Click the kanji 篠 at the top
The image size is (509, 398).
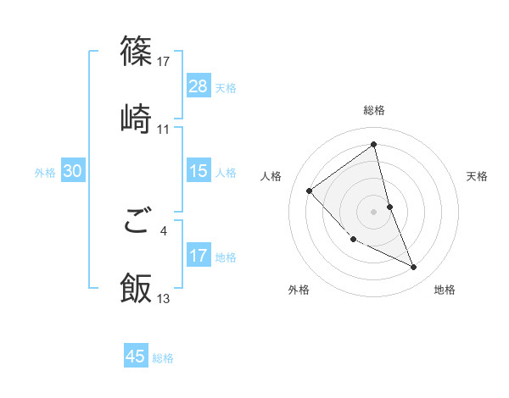(137, 52)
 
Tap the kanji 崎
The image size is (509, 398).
(137, 119)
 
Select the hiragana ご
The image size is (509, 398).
(137, 222)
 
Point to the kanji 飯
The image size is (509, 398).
(137, 288)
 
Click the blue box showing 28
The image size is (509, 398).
(198, 86)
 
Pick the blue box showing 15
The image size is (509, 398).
(198, 171)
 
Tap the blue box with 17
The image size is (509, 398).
(198, 255)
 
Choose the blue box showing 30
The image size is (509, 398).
(72, 171)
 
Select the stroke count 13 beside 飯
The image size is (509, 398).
(164, 298)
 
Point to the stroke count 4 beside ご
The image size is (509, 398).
(164, 229)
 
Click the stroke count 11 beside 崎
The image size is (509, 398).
(164, 129)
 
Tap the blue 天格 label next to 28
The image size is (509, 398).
(226, 87)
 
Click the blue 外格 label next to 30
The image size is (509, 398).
(45, 173)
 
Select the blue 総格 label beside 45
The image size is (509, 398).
(163, 358)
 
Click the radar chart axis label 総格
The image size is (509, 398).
(374, 110)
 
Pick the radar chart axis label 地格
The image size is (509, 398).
(445, 290)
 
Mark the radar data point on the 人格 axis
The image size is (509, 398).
(310, 191)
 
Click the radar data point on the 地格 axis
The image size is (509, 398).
(414, 268)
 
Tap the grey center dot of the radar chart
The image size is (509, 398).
(374, 211)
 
